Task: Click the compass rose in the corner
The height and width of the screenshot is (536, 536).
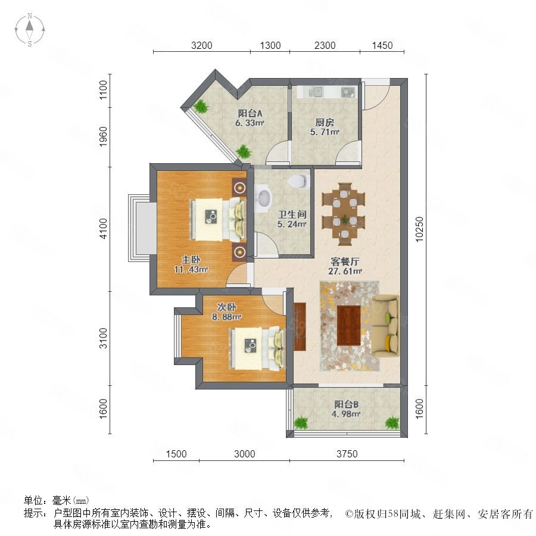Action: (30, 30)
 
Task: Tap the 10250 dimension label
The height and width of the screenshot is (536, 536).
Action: (419, 229)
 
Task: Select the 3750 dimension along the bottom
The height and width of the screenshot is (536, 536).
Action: (347, 454)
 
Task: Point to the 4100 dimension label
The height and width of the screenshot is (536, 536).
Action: (103, 229)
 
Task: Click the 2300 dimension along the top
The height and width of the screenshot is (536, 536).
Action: (325, 45)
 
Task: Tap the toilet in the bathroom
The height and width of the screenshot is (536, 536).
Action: (298, 181)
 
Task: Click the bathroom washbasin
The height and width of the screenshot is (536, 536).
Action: (264, 198)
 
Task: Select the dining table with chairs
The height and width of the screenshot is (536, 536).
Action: (344, 214)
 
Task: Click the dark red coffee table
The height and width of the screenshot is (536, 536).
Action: (348, 325)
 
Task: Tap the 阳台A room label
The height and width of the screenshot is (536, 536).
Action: (250, 113)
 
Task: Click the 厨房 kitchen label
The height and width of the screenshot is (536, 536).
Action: (325, 122)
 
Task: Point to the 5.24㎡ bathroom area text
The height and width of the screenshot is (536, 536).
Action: (292, 225)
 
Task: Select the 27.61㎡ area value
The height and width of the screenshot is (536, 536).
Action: (345, 271)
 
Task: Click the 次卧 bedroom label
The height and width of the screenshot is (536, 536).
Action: (227, 307)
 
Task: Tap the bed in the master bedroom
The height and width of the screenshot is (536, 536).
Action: (218, 219)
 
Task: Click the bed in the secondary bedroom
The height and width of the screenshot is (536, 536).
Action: (257, 348)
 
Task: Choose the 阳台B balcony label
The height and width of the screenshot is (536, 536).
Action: (346, 404)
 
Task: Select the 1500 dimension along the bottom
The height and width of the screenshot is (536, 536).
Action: (176, 454)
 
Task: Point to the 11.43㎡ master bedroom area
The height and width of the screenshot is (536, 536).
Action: (191, 269)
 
